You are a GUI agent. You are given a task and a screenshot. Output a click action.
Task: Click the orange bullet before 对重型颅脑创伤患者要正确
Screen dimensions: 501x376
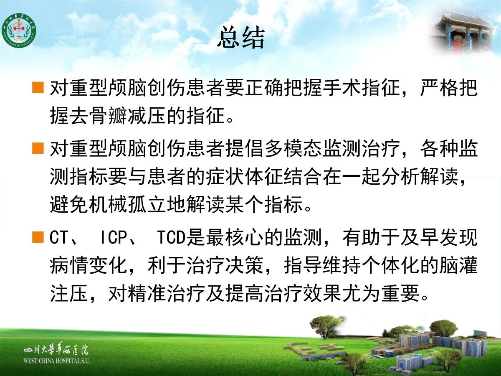tap(38, 87)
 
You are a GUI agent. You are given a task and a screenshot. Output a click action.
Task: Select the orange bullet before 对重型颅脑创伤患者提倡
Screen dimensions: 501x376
tap(38, 148)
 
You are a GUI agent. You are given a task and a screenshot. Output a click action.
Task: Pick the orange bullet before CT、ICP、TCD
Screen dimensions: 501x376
tap(38, 237)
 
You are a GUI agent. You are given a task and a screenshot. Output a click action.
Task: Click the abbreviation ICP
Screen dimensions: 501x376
tap(114, 237)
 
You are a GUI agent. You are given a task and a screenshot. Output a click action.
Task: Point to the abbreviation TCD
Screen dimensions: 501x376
tap(171, 237)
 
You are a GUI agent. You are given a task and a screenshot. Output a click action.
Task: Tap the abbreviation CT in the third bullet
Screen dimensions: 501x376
tap(59, 237)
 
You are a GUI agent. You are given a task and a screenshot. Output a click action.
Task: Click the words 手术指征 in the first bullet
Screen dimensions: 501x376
tap(361, 88)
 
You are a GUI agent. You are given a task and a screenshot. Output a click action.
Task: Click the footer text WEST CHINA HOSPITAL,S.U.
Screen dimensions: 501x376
tap(56, 361)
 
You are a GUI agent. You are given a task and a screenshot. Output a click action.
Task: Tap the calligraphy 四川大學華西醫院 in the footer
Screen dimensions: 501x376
tap(56, 350)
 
